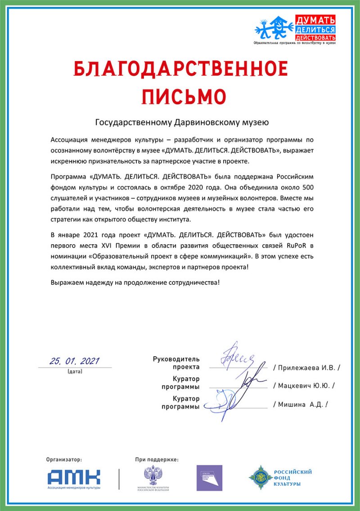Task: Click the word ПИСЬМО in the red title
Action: click(x=180, y=95)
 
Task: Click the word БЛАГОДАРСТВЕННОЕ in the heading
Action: click(x=180, y=69)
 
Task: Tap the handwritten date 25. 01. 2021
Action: click(x=75, y=361)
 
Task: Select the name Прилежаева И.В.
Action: click(x=307, y=368)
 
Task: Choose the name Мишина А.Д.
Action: click(x=301, y=404)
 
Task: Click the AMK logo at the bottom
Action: click(x=74, y=476)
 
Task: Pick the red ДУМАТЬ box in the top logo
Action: click(x=315, y=20)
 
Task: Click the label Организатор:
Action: click(x=64, y=460)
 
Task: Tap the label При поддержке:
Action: click(x=157, y=460)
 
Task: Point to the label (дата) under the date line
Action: click(x=75, y=372)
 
